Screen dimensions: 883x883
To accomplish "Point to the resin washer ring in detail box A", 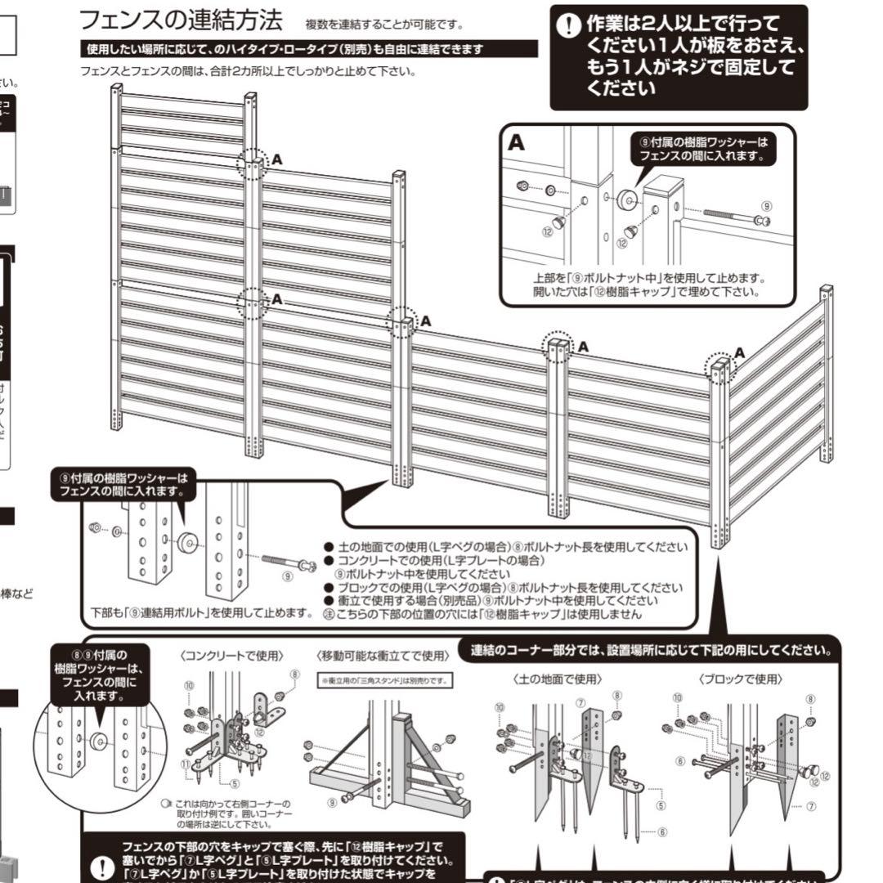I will click(628, 198).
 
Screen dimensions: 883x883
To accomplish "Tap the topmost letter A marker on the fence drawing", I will click(276, 159).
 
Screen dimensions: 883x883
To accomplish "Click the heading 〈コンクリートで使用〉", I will click(231, 656).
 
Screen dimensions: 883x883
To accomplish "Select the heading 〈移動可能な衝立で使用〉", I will click(383, 656).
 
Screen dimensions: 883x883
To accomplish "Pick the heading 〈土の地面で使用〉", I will click(558, 679).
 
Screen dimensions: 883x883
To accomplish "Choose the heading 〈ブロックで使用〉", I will click(741, 679).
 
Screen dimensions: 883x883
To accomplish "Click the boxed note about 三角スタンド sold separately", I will click(384, 680).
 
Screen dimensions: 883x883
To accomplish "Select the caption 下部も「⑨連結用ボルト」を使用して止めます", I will click(201, 613).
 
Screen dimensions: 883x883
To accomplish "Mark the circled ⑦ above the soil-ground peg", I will click(580, 702).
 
